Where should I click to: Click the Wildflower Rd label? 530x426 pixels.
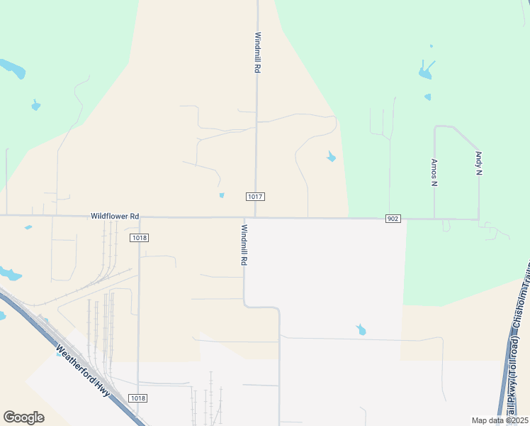pyautogui.click(x=114, y=215)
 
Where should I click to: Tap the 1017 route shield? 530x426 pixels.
pyautogui.click(x=256, y=196)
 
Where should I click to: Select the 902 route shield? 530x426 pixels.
pyautogui.click(x=393, y=218)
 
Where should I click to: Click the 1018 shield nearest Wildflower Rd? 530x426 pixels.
pyautogui.click(x=140, y=238)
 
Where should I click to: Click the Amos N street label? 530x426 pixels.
pyautogui.click(x=434, y=171)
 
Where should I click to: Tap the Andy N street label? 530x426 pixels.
pyautogui.click(x=479, y=163)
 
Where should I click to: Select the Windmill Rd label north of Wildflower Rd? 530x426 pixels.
pyautogui.click(x=258, y=53)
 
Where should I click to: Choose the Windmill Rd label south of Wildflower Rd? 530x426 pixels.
pyautogui.click(x=244, y=245)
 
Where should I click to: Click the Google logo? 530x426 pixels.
pyautogui.click(x=23, y=417)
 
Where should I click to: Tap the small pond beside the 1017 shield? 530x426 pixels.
pyautogui.click(x=222, y=195)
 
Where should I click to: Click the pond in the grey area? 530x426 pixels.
pyautogui.click(x=361, y=329)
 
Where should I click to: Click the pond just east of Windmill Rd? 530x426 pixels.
pyautogui.click(x=331, y=156)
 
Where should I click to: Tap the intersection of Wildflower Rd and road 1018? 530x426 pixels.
pyautogui.click(x=139, y=217)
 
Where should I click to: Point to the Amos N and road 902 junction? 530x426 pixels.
pyautogui.click(x=434, y=219)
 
